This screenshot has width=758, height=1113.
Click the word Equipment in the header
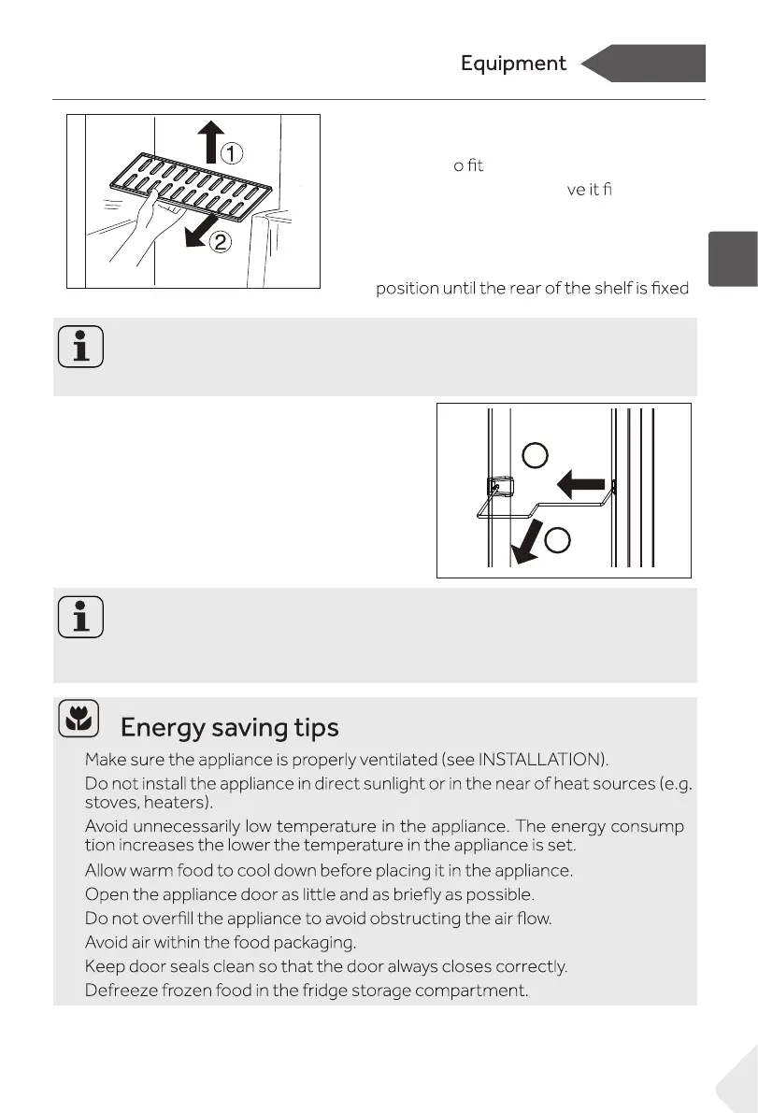513,64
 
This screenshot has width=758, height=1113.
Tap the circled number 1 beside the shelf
232,150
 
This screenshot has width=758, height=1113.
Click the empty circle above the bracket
535,456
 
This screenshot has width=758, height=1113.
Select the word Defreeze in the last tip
121,990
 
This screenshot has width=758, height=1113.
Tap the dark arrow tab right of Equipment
644,64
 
